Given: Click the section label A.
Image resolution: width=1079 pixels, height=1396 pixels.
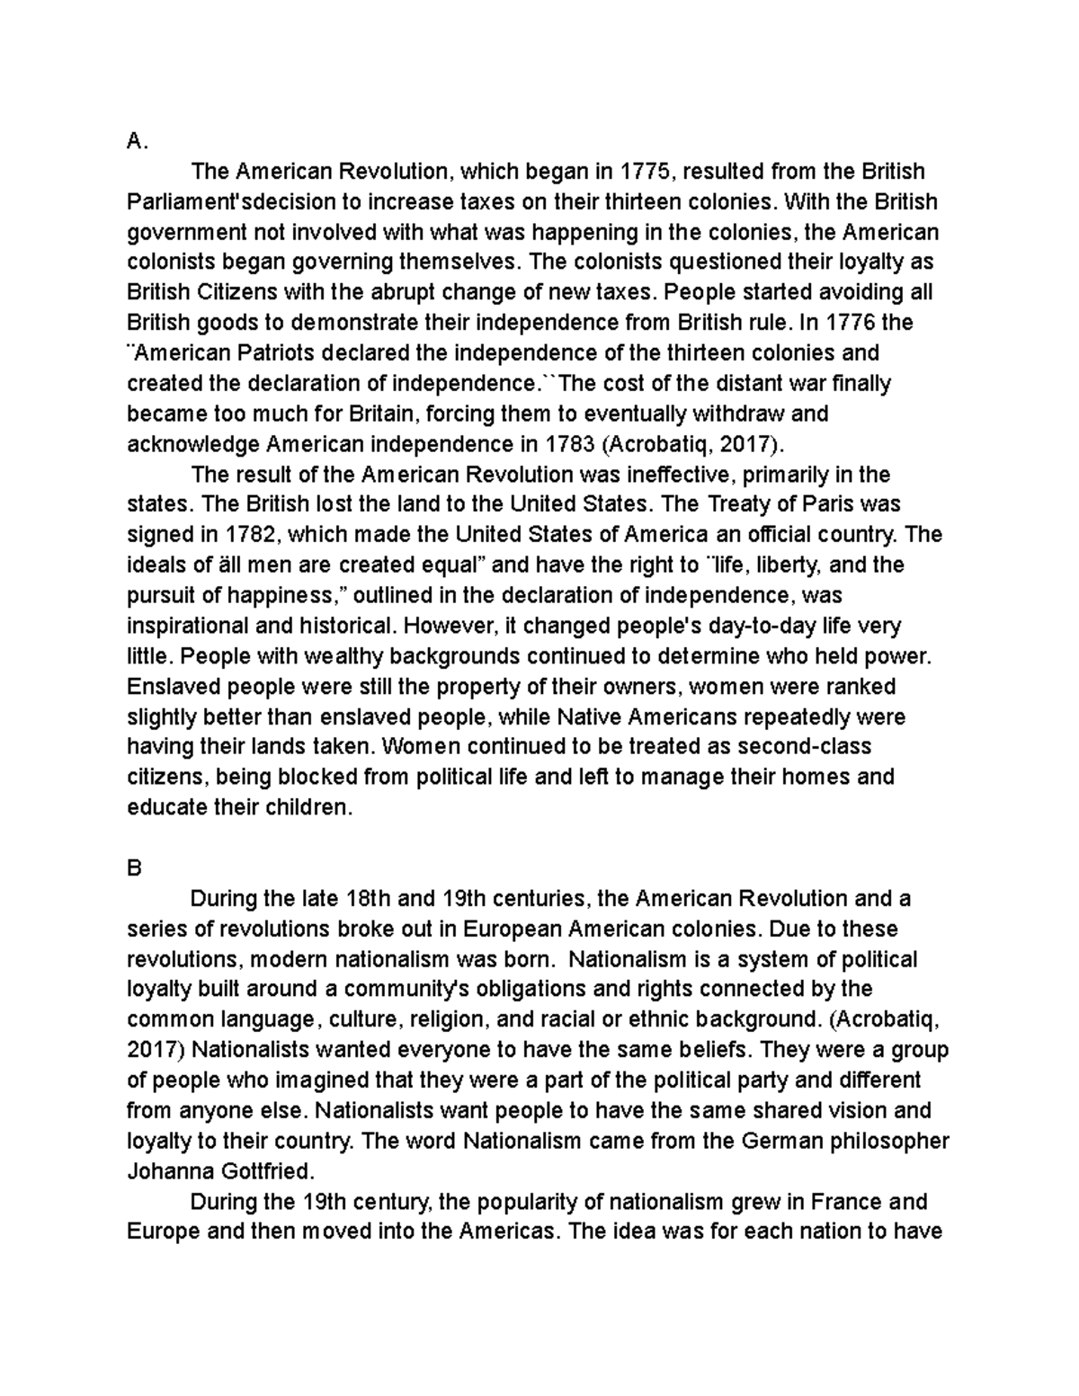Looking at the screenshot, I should click(136, 141).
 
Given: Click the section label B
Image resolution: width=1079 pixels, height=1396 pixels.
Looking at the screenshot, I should click(135, 868).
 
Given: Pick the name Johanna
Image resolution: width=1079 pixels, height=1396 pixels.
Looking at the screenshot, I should click(171, 1172).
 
